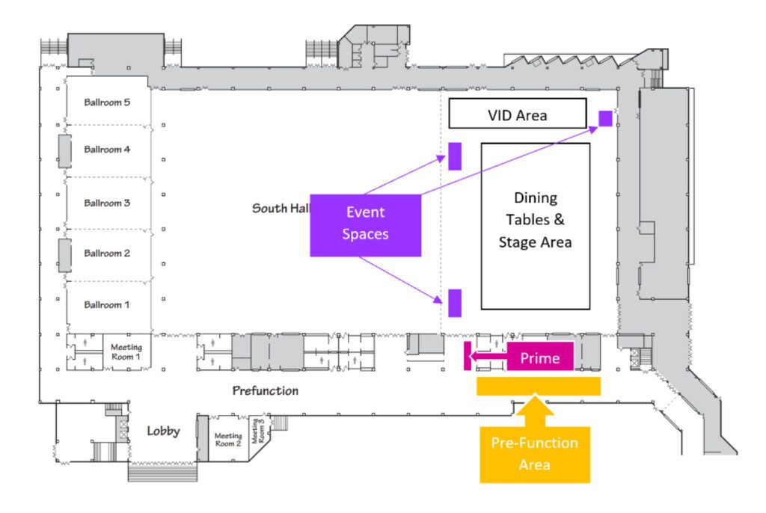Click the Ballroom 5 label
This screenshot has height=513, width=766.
coord(107,102)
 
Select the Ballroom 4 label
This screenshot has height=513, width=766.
coord(107,150)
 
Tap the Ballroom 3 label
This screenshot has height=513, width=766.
coord(107,203)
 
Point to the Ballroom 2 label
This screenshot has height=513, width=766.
coord(107,254)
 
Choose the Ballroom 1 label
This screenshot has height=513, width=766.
coord(107,305)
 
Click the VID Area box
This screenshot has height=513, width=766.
coord(517,115)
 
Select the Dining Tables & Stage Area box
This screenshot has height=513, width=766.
coord(535,225)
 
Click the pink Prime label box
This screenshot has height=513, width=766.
coord(540,358)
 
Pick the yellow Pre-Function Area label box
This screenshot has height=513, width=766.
coord(534,454)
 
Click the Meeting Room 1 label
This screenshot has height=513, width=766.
coord(126,352)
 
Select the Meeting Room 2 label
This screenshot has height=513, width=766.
coord(227,440)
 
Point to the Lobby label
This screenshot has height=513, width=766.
coord(163,431)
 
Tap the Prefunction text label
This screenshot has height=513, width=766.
coord(265,390)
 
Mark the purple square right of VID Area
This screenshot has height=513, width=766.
coord(605,118)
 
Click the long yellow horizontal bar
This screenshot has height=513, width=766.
coord(538,386)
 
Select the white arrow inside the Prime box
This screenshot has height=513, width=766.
coord(486,358)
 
